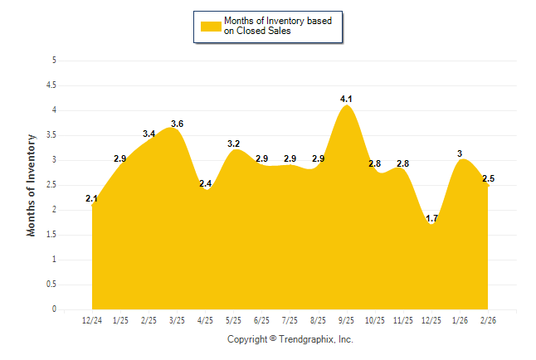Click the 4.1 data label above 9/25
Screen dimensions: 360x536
(x=348, y=100)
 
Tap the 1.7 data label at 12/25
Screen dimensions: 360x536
(x=432, y=219)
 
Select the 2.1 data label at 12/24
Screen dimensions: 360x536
(x=92, y=198)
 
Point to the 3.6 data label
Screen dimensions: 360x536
(x=177, y=124)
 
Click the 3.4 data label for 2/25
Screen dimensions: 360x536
(x=149, y=134)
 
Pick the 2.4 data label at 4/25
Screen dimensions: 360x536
(x=205, y=183)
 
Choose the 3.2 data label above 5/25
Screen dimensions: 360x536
(x=234, y=144)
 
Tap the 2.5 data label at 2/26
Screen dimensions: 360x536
(x=489, y=178)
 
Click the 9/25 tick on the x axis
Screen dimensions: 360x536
(x=348, y=320)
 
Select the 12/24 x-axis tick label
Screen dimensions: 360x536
(x=92, y=320)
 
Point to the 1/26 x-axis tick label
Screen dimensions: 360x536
(x=460, y=320)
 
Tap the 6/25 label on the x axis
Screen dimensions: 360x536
(x=262, y=320)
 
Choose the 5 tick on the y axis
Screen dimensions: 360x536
(x=54, y=61)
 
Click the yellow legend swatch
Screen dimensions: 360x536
(x=210, y=26)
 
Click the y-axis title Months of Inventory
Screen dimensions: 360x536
(x=32, y=185)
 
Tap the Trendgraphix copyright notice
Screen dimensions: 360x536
(x=290, y=339)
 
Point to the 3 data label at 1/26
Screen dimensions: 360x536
(x=460, y=153)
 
